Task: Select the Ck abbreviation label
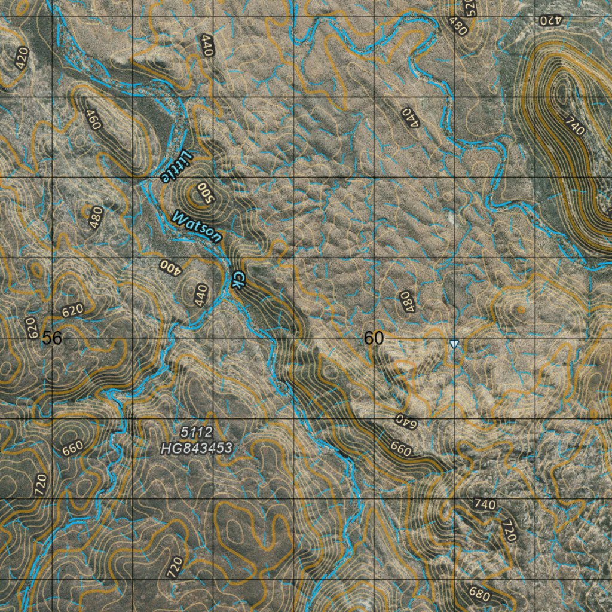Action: click(237, 279)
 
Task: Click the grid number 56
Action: click(52, 338)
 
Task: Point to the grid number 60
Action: click(374, 338)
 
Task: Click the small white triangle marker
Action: click(454, 344)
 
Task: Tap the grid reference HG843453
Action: click(196, 447)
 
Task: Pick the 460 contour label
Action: click(93, 120)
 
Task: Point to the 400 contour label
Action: click(170, 266)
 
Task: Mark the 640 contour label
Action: click(405, 421)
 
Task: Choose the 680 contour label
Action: click(480, 595)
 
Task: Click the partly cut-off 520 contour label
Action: click(469, 7)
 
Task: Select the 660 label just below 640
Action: click(400, 448)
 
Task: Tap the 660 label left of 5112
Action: click(72, 448)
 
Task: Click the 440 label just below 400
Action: click(201, 294)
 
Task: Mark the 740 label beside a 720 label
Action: click(484, 504)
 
